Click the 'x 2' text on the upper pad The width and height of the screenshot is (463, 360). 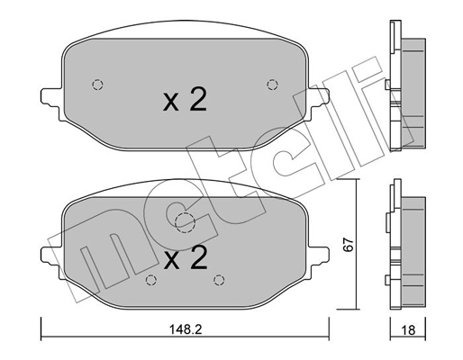coord(185,100)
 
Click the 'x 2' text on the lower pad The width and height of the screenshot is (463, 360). coord(185,259)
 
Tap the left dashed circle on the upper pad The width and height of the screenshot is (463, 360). coord(98,85)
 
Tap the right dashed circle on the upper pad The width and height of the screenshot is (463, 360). coord(272,85)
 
